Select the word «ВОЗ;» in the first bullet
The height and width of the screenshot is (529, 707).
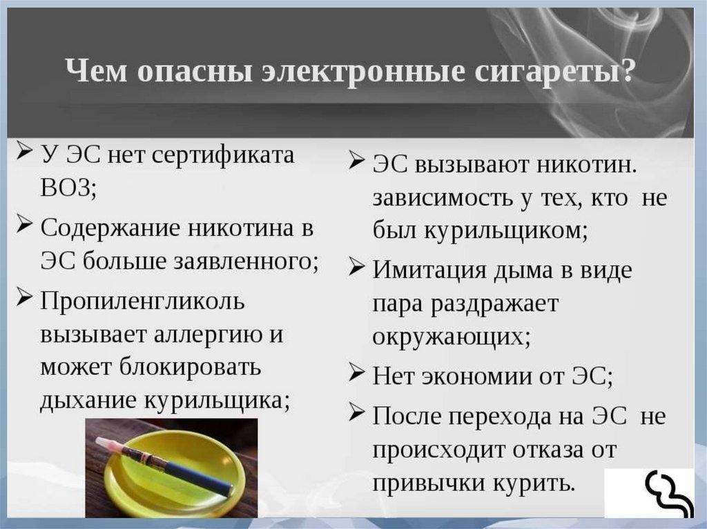pos(68,187)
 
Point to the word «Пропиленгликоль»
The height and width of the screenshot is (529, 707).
pos(142,301)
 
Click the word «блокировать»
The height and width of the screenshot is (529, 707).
pos(190,367)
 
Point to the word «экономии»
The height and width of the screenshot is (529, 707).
pos(476,377)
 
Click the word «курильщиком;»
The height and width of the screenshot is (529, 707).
pos(505,232)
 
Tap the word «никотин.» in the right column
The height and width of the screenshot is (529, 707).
pos(587,165)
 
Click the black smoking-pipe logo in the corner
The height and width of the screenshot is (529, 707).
pos(668,494)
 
